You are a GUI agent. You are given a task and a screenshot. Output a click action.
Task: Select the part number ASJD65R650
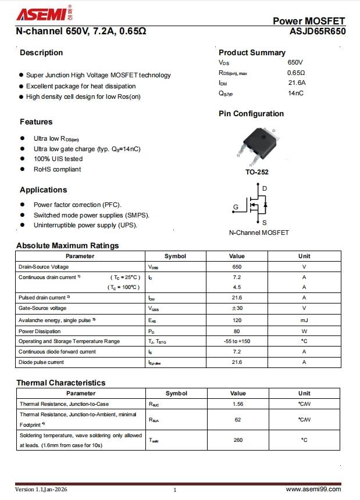(x=317, y=32)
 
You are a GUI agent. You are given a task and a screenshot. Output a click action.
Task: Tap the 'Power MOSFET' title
(x=309, y=21)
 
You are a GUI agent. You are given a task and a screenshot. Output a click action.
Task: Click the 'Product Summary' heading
(x=252, y=52)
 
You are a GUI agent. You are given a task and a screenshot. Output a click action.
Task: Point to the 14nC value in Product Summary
(x=295, y=93)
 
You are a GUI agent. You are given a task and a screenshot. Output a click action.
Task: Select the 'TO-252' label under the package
(x=256, y=173)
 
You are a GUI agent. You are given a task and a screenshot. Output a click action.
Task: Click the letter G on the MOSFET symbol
(x=236, y=207)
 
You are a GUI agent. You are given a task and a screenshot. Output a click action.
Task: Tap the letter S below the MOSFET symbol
(x=264, y=223)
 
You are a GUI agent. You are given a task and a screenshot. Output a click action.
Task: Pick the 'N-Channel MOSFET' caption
(x=259, y=233)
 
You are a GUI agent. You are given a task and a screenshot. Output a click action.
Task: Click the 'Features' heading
(x=36, y=122)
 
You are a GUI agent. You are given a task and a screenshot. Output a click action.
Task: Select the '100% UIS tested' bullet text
(x=58, y=159)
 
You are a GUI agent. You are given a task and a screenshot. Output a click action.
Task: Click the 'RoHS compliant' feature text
(x=57, y=169)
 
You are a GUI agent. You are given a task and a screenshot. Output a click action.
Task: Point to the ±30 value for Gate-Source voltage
(x=237, y=308)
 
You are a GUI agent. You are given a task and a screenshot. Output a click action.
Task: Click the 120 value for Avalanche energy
(x=237, y=320)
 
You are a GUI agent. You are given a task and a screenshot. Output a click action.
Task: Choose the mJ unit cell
(x=304, y=320)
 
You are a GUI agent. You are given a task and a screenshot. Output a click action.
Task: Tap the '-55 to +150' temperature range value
(x=237, y=341)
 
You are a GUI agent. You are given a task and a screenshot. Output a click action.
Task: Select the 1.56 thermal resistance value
(x=238, y=403)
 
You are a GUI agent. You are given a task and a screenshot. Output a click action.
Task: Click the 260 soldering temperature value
(x=238, y=440)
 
